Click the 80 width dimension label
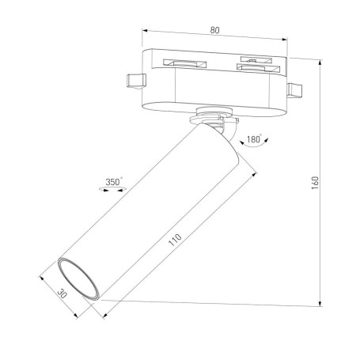pyautogui.click(x=215, y=31)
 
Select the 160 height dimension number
pyautogui.click(x=314, y=182)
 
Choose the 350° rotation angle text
pyautogui.click(x=114, y=181)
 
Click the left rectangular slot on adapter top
pyautogui.click(x=181, y=62)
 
